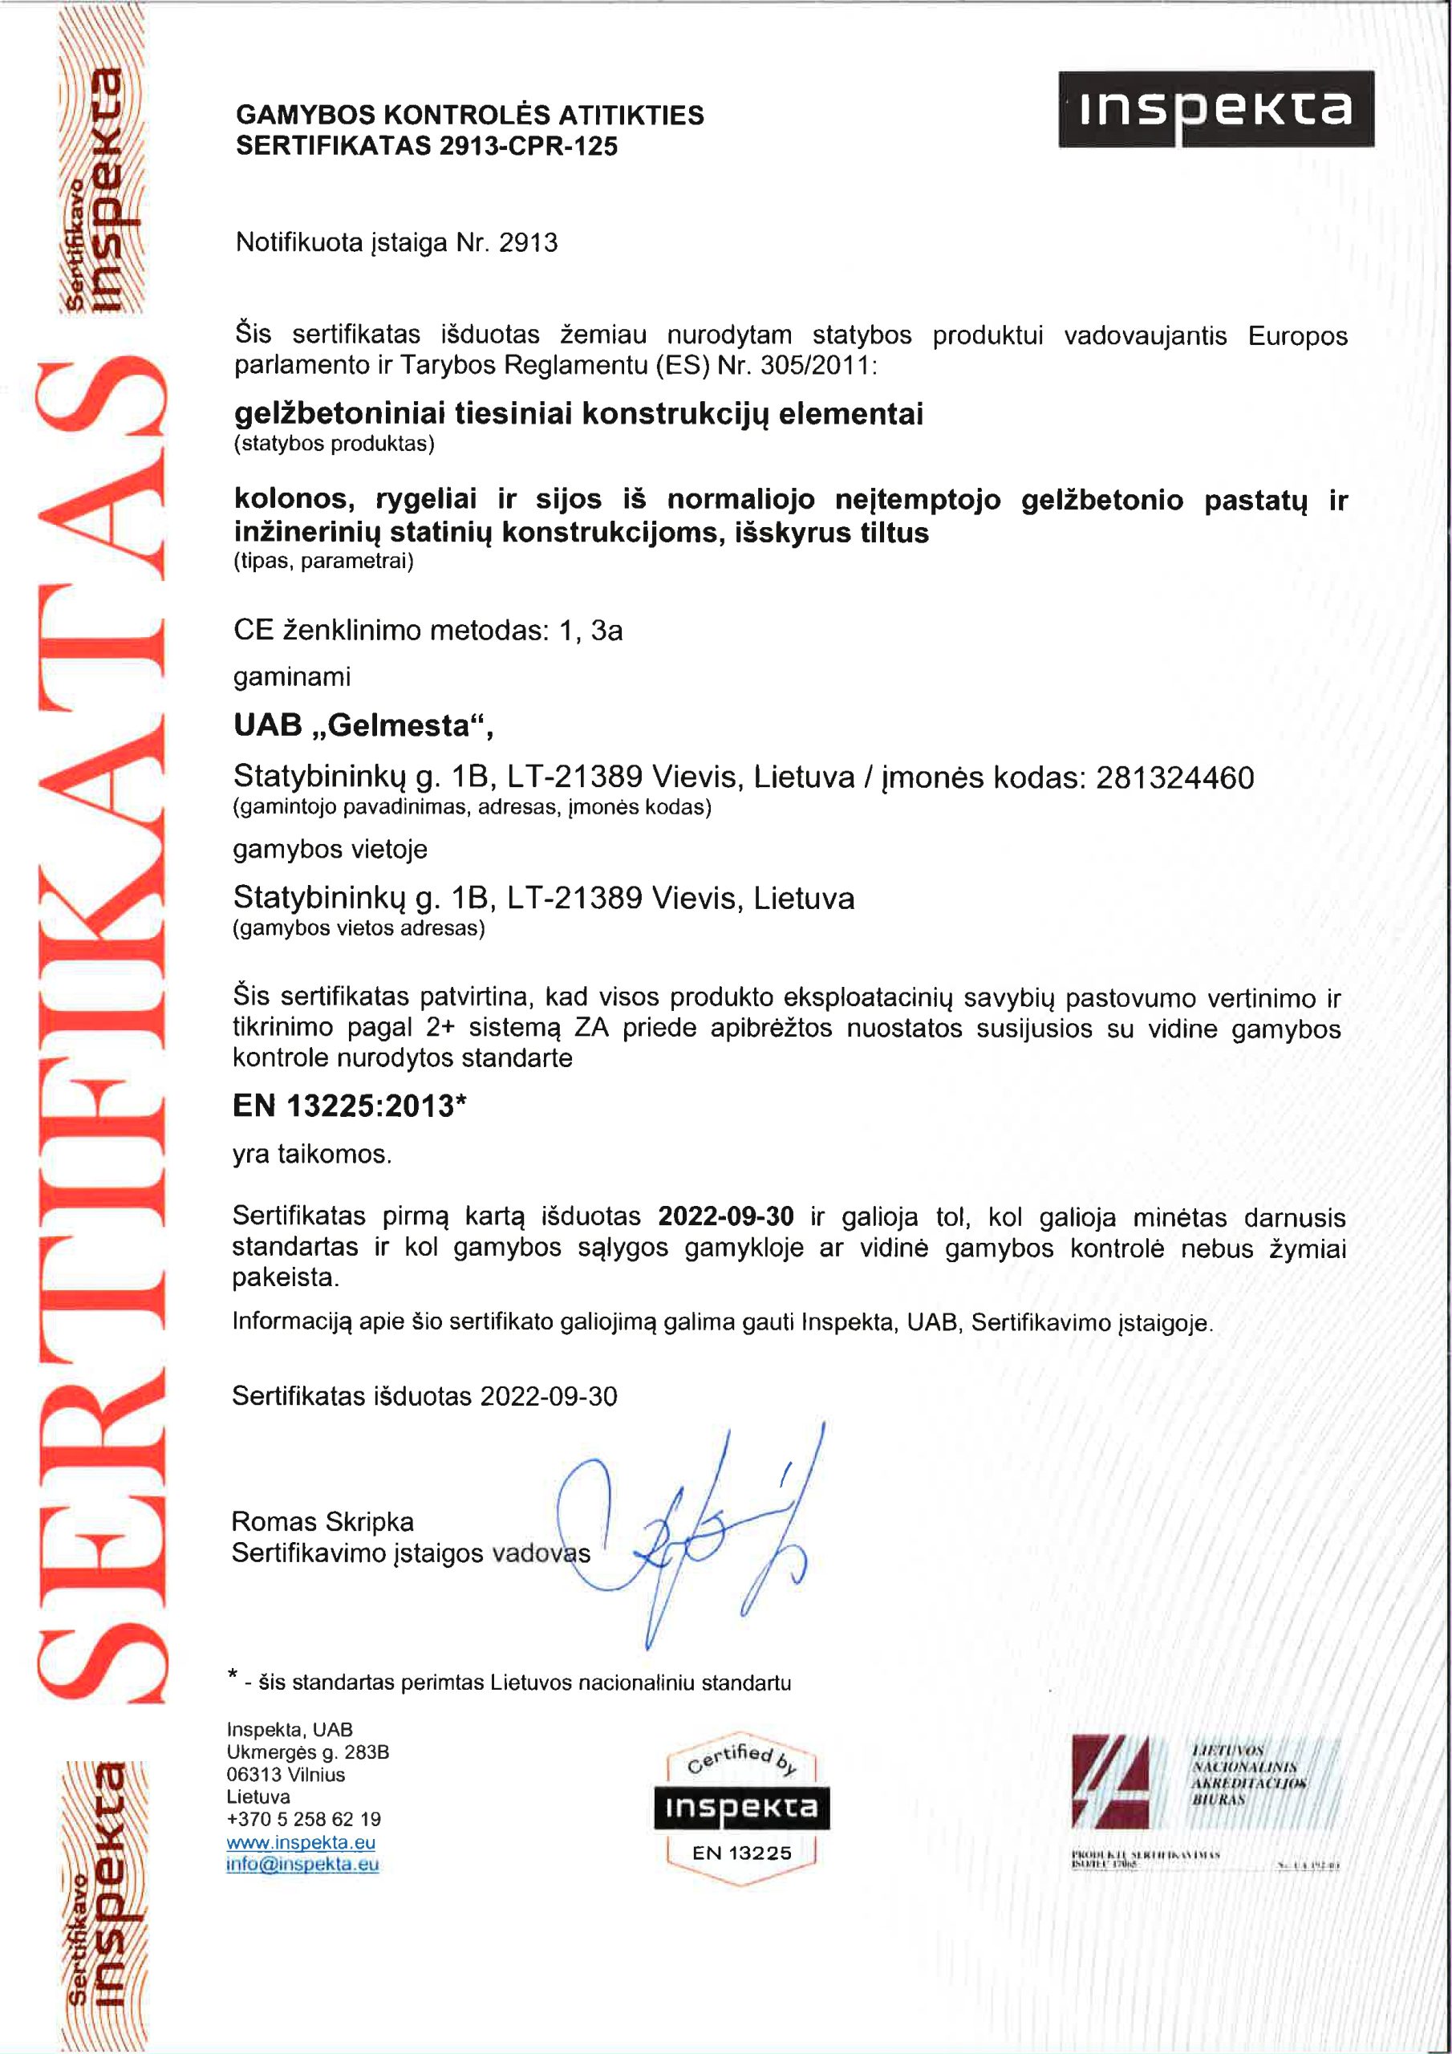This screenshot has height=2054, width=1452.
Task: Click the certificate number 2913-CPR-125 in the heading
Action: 528,146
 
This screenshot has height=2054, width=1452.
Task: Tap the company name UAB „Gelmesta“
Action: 363,724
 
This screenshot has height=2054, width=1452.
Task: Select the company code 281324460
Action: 1174,777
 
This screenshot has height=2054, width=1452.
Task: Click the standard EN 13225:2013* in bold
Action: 349,1106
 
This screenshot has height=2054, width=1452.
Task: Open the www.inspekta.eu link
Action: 301,1842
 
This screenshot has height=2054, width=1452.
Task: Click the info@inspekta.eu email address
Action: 302,1865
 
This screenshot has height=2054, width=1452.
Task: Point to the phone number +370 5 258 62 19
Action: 303,1819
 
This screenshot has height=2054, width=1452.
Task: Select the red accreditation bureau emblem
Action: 1110,1781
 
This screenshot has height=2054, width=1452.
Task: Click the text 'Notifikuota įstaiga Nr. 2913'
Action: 396,242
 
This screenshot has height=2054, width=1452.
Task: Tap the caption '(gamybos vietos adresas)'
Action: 358,928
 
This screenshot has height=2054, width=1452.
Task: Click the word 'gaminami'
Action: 292,676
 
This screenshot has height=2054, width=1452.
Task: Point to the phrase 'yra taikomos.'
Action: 311,1154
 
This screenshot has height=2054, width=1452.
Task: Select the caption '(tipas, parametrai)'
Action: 323,561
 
